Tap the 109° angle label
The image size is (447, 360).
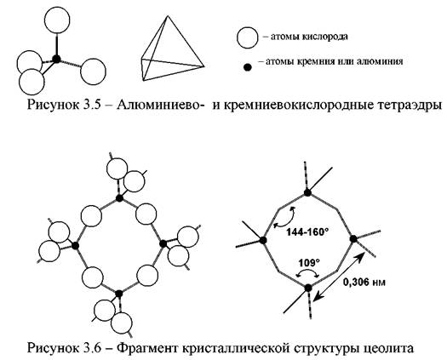309,262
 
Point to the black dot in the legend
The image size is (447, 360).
248,67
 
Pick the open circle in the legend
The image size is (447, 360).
248,37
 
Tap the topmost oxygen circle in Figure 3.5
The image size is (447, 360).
57,20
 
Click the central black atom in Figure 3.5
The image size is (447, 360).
56,59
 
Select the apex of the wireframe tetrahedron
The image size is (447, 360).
168,16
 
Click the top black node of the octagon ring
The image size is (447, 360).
307,192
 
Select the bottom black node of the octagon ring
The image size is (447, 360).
308,288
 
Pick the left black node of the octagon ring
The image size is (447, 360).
263,240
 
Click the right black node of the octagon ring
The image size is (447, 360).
353,239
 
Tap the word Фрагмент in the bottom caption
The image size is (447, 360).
148,348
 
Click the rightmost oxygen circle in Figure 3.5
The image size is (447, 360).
93,71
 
